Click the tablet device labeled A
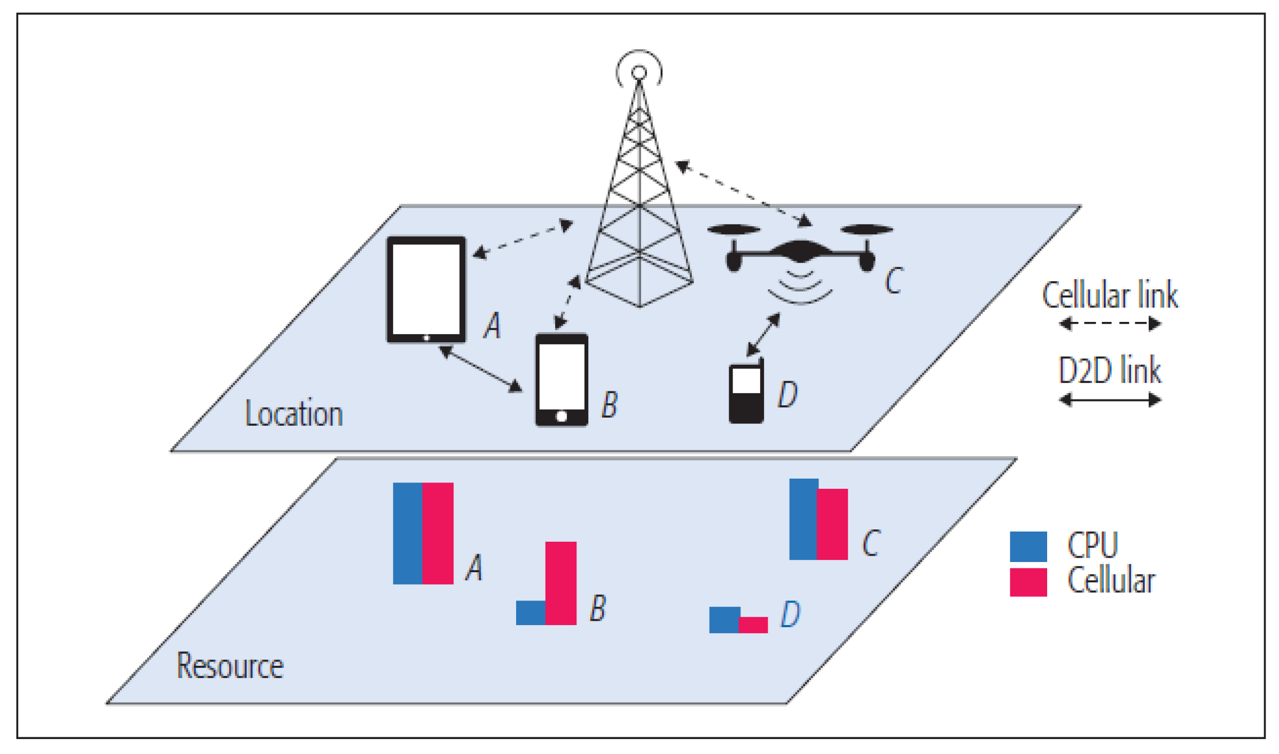[426, 289]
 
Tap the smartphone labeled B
[561, 380]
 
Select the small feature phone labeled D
[746, 394]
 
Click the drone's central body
[799, 251]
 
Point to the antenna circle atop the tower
[639, 72]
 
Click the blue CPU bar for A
[407, 533]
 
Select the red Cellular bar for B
[560, 583]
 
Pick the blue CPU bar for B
[530, 612]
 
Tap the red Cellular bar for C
[832, 524]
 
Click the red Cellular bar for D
[753, 625]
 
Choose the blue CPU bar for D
[724, 620]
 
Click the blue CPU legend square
[1027, 547]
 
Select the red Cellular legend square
[1027, 582]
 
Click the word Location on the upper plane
[294, 414]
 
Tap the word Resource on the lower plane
[230, 666]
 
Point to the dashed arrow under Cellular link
[1110, 324]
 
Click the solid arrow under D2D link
[1110, 399]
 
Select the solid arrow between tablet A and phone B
[480, 369]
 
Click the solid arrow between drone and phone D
[763, 335]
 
